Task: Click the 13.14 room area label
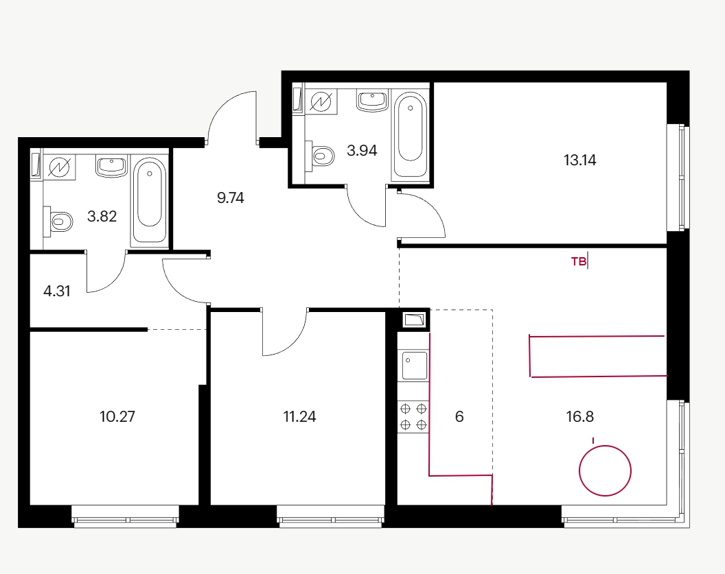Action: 580,160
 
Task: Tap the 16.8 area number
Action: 580,416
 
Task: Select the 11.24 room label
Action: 299,416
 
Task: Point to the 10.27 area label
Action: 117,416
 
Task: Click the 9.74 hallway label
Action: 230,198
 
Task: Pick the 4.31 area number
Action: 57,291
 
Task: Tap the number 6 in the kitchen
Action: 459,416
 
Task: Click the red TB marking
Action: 579,262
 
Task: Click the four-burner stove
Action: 413,417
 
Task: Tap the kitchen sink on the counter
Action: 414,366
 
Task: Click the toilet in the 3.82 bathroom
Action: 58,222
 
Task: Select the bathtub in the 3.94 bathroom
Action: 410,134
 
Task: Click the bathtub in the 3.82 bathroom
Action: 150,200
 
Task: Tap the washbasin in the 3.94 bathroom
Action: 372,101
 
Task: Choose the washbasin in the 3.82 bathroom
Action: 111,166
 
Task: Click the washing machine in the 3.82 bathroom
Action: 59,167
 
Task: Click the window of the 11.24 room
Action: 331,516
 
